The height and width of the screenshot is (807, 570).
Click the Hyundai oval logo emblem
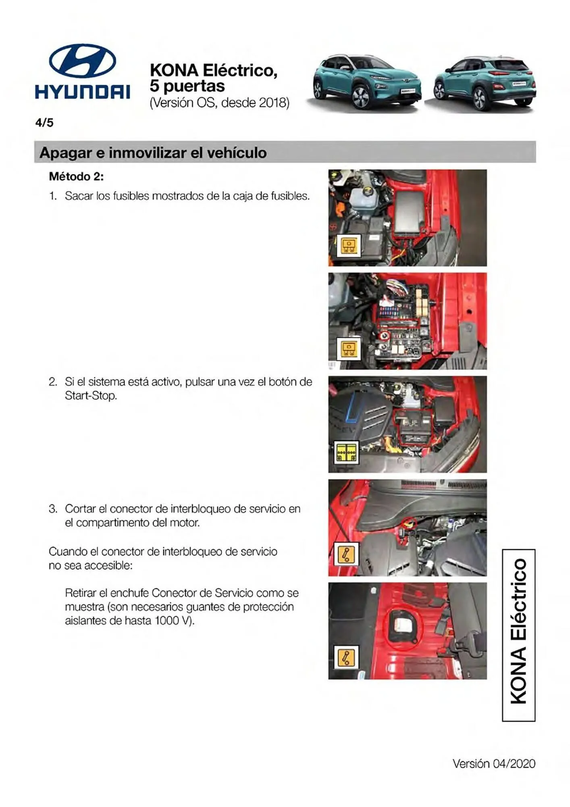82,61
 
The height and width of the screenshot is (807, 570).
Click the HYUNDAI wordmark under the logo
82,92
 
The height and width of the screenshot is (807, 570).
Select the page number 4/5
44,123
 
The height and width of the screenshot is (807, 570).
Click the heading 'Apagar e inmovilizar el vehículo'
153,153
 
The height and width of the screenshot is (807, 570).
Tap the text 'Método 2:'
76,176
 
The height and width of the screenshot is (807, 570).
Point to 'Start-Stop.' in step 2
91,395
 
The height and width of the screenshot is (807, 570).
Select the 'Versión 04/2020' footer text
494,763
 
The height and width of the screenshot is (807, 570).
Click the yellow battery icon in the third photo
346,452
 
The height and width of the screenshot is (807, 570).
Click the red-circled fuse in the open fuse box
385,335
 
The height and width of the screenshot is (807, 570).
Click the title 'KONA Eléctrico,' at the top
213,70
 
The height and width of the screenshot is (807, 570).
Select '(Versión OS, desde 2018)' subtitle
219,103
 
